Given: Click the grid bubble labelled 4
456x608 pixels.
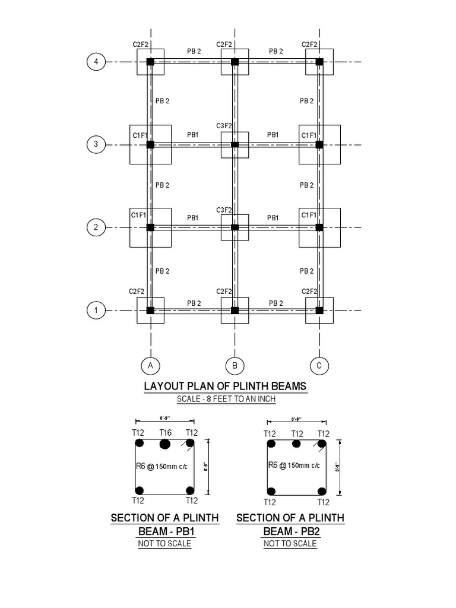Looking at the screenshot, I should [x=96, y=62].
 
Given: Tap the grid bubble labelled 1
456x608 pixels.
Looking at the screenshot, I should [x=96, y=310].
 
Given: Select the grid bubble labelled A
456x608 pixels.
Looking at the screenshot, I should [x=151, y=365].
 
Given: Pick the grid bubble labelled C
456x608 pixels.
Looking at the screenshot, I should [x=319, y=365].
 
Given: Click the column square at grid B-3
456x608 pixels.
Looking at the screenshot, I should [x=235, y=144].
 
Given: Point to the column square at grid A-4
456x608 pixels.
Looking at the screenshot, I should [x=150, y=62].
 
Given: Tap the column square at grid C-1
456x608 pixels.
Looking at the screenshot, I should [x=319, y=310].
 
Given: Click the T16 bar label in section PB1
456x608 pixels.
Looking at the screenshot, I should [x=165, y=432].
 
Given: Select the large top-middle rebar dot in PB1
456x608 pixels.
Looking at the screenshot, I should [x=165, y=444].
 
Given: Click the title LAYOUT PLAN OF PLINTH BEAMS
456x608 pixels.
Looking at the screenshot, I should [x=226, y=386].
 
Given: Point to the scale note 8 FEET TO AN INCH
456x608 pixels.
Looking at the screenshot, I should [x=226, y=399].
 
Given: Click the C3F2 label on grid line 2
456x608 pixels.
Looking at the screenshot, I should [x=224, y=210].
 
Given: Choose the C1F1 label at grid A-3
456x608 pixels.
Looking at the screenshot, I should [x=140, y=135].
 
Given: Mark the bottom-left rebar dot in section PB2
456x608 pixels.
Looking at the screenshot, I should [x=271, y=491].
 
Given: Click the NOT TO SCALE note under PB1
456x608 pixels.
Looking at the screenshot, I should [x=164, y=544].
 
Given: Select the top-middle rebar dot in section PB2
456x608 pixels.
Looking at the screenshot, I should [x=296, y=444].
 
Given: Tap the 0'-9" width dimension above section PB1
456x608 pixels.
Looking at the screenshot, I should [x=165, y=419].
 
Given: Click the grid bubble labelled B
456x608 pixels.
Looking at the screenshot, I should [x=235, y=365].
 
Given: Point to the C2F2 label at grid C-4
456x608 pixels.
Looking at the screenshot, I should [x=309, y=44].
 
